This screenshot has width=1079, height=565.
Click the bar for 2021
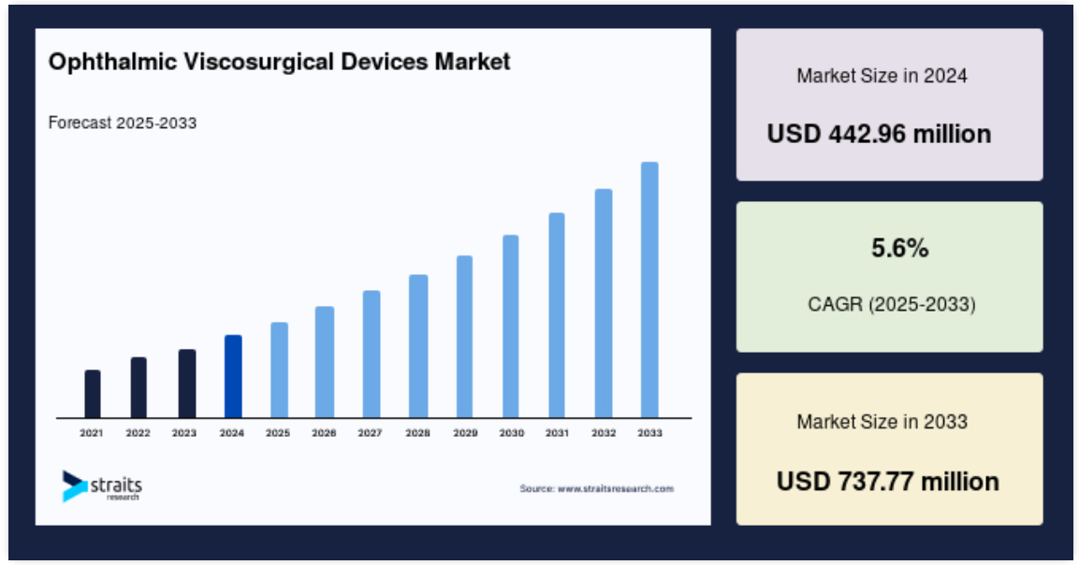pos(93,394)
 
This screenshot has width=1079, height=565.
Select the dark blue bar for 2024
pos(233,376)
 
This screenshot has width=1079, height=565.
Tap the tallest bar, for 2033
pos(649,290)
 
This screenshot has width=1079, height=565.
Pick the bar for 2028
pos(418,346)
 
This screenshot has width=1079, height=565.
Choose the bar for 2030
pos(511,326)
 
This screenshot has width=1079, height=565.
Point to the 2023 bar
pos(187,384)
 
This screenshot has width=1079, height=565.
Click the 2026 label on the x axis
pos(324,433)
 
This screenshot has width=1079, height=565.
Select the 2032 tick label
pos(604,433)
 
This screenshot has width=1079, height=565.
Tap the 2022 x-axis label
pos(138,433)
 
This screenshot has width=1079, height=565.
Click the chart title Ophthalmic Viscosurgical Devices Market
pos(280,62)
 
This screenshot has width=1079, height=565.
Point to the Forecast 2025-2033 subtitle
pos(123,123)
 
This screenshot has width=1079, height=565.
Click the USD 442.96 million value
pos(879,134)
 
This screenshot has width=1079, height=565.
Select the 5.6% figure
pos(899,248)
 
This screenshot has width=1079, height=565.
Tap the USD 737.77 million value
pos(888,481)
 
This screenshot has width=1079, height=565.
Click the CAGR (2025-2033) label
pos(892,304)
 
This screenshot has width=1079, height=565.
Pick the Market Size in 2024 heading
pos(882,76)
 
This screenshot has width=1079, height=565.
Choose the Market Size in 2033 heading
pos(882,422)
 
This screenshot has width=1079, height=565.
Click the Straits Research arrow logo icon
pos(74,485)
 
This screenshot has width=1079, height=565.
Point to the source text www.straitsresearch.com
pos(615,488)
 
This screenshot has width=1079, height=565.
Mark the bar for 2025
pos(280,370)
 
